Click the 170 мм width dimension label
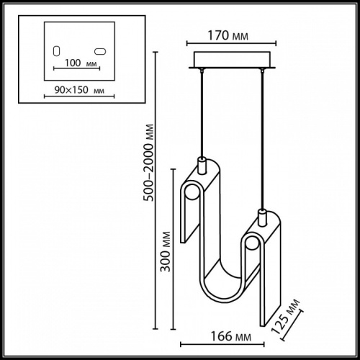click(x=226, y=32)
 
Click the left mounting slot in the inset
click(x=57, y=51)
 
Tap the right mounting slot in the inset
click(x=101, y=51)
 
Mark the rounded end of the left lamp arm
click(x=192, y=194)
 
